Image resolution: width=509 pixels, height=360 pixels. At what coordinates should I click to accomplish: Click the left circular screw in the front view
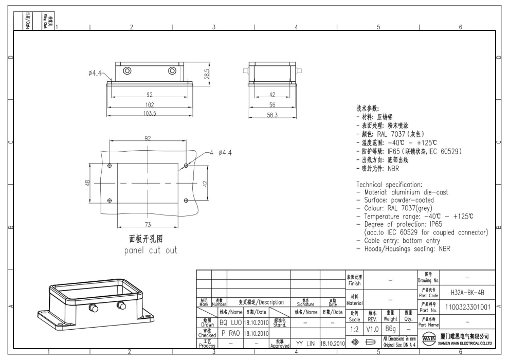point(127,71)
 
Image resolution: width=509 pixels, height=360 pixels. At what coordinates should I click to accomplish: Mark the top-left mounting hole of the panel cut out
point(109,166)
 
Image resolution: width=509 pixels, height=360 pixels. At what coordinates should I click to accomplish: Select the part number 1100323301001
point(468,307)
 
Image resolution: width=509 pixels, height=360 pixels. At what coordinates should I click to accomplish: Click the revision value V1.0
point(373,328)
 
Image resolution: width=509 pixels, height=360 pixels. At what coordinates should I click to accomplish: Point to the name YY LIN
point(305,343)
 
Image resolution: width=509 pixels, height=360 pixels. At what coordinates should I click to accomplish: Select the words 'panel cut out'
point(151,250)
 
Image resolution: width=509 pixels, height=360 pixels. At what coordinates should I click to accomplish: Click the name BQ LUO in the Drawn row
point(230,322)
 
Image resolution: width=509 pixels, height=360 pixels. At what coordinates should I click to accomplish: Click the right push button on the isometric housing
point(122,306)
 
